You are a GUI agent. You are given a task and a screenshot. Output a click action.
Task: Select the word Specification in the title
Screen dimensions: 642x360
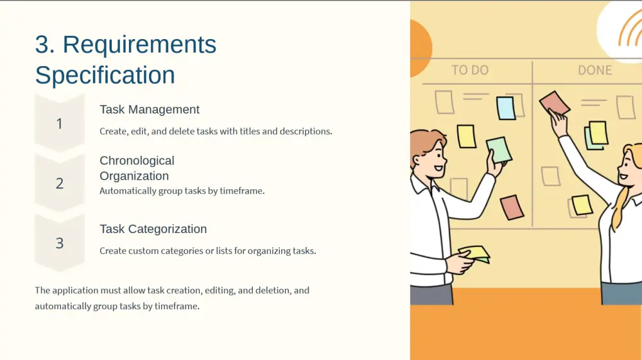tap(105, 75)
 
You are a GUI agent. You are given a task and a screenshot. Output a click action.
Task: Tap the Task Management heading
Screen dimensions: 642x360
tap(150, 110)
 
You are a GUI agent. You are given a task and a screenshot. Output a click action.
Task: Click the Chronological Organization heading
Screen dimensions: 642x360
tap(137, 168)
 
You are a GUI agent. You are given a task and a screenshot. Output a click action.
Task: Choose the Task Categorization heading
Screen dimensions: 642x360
tap(153, 229)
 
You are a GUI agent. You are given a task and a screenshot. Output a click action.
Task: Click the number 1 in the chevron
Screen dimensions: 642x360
tap(59, 124)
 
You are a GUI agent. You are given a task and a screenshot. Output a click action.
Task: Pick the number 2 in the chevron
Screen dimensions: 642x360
tap(60, 184)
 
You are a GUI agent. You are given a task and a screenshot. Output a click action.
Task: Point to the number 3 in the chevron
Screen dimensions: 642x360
tap(60, 243)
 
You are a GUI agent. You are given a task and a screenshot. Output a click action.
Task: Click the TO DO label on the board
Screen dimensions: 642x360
tap(470, 70)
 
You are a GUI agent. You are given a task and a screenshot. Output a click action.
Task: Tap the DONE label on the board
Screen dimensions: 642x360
tap(595, 70)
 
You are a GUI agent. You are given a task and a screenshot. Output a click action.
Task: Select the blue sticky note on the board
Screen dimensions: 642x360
tap(506, 108)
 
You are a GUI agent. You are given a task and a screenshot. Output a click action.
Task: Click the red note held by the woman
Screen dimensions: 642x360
tap(555, 103)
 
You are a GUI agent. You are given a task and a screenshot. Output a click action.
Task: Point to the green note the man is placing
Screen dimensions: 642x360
tap(499, 150)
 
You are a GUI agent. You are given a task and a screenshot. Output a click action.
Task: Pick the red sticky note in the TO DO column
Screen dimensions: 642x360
tap(512, 207)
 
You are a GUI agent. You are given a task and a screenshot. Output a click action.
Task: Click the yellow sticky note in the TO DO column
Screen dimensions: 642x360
tap(466, 136)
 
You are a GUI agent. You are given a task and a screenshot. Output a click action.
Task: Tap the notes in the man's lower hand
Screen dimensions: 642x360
tap(475, 253)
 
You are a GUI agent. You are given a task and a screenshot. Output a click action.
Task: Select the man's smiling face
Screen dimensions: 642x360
tap(434, 157)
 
